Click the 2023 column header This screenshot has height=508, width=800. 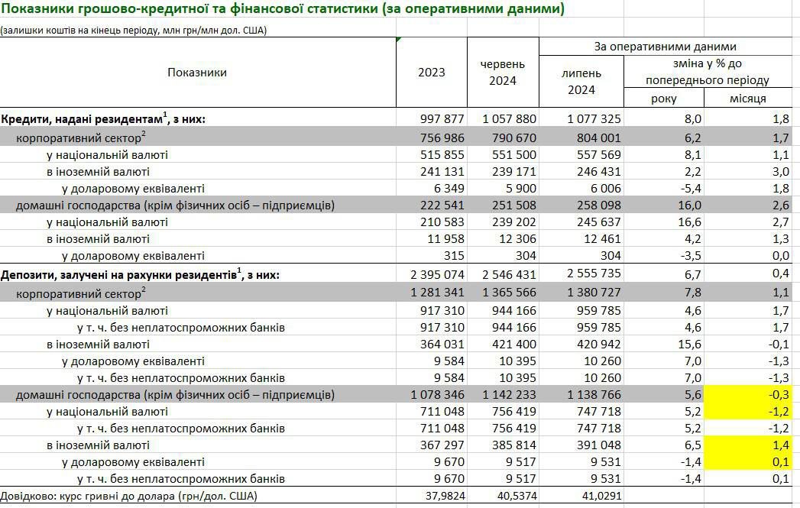pos(431,73)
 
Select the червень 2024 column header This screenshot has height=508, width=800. pos(502,73)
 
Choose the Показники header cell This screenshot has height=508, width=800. pos(197,73)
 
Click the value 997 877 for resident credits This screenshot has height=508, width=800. pos(442,119)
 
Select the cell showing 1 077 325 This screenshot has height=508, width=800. pos(594,119)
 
